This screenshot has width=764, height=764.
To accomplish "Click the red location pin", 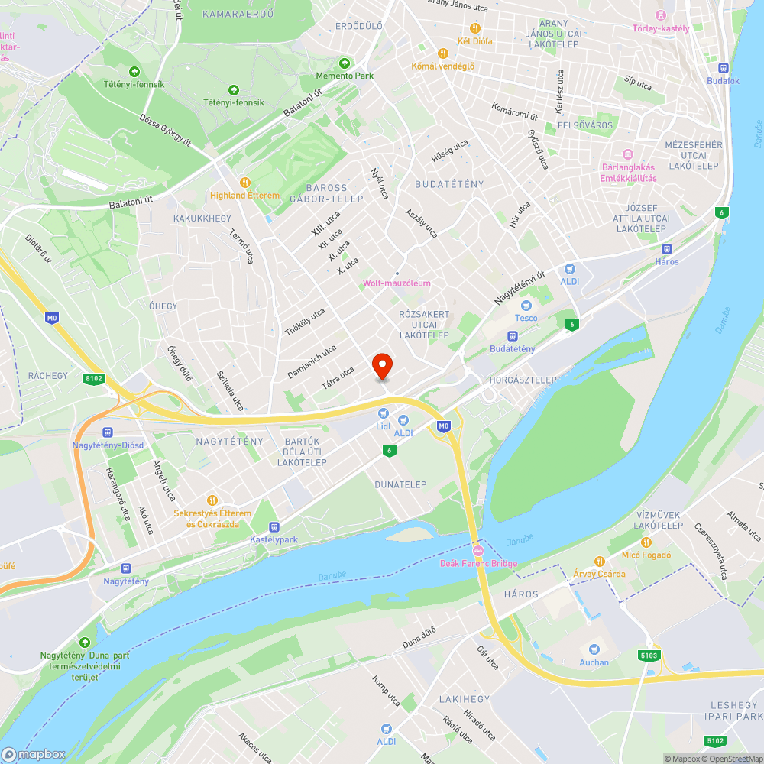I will pos(382,367).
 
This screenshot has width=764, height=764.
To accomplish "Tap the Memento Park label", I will pos(345,76).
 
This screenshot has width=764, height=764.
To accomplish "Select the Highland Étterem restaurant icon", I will pos(244,182).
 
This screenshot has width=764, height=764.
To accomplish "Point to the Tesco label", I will pos(526,318).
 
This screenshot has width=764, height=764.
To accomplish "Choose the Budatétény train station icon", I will pos(513,335).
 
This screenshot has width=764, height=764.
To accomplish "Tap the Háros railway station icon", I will pos(666,248).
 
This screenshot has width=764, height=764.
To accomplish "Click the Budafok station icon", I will pos(724,67).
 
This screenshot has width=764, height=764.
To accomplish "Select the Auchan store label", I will pos(594,662).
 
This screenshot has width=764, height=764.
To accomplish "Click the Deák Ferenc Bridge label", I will pos(479,564).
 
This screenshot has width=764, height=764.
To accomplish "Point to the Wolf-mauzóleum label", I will pos(397,283).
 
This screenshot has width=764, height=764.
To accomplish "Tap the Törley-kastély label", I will pos(661,29).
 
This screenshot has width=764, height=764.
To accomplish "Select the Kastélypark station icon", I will pos(274,526).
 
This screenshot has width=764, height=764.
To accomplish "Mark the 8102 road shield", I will pos(95,378).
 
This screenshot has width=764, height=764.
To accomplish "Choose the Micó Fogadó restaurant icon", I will pos(646,542).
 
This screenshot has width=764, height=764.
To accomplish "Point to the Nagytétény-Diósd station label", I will pos(108,445).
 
